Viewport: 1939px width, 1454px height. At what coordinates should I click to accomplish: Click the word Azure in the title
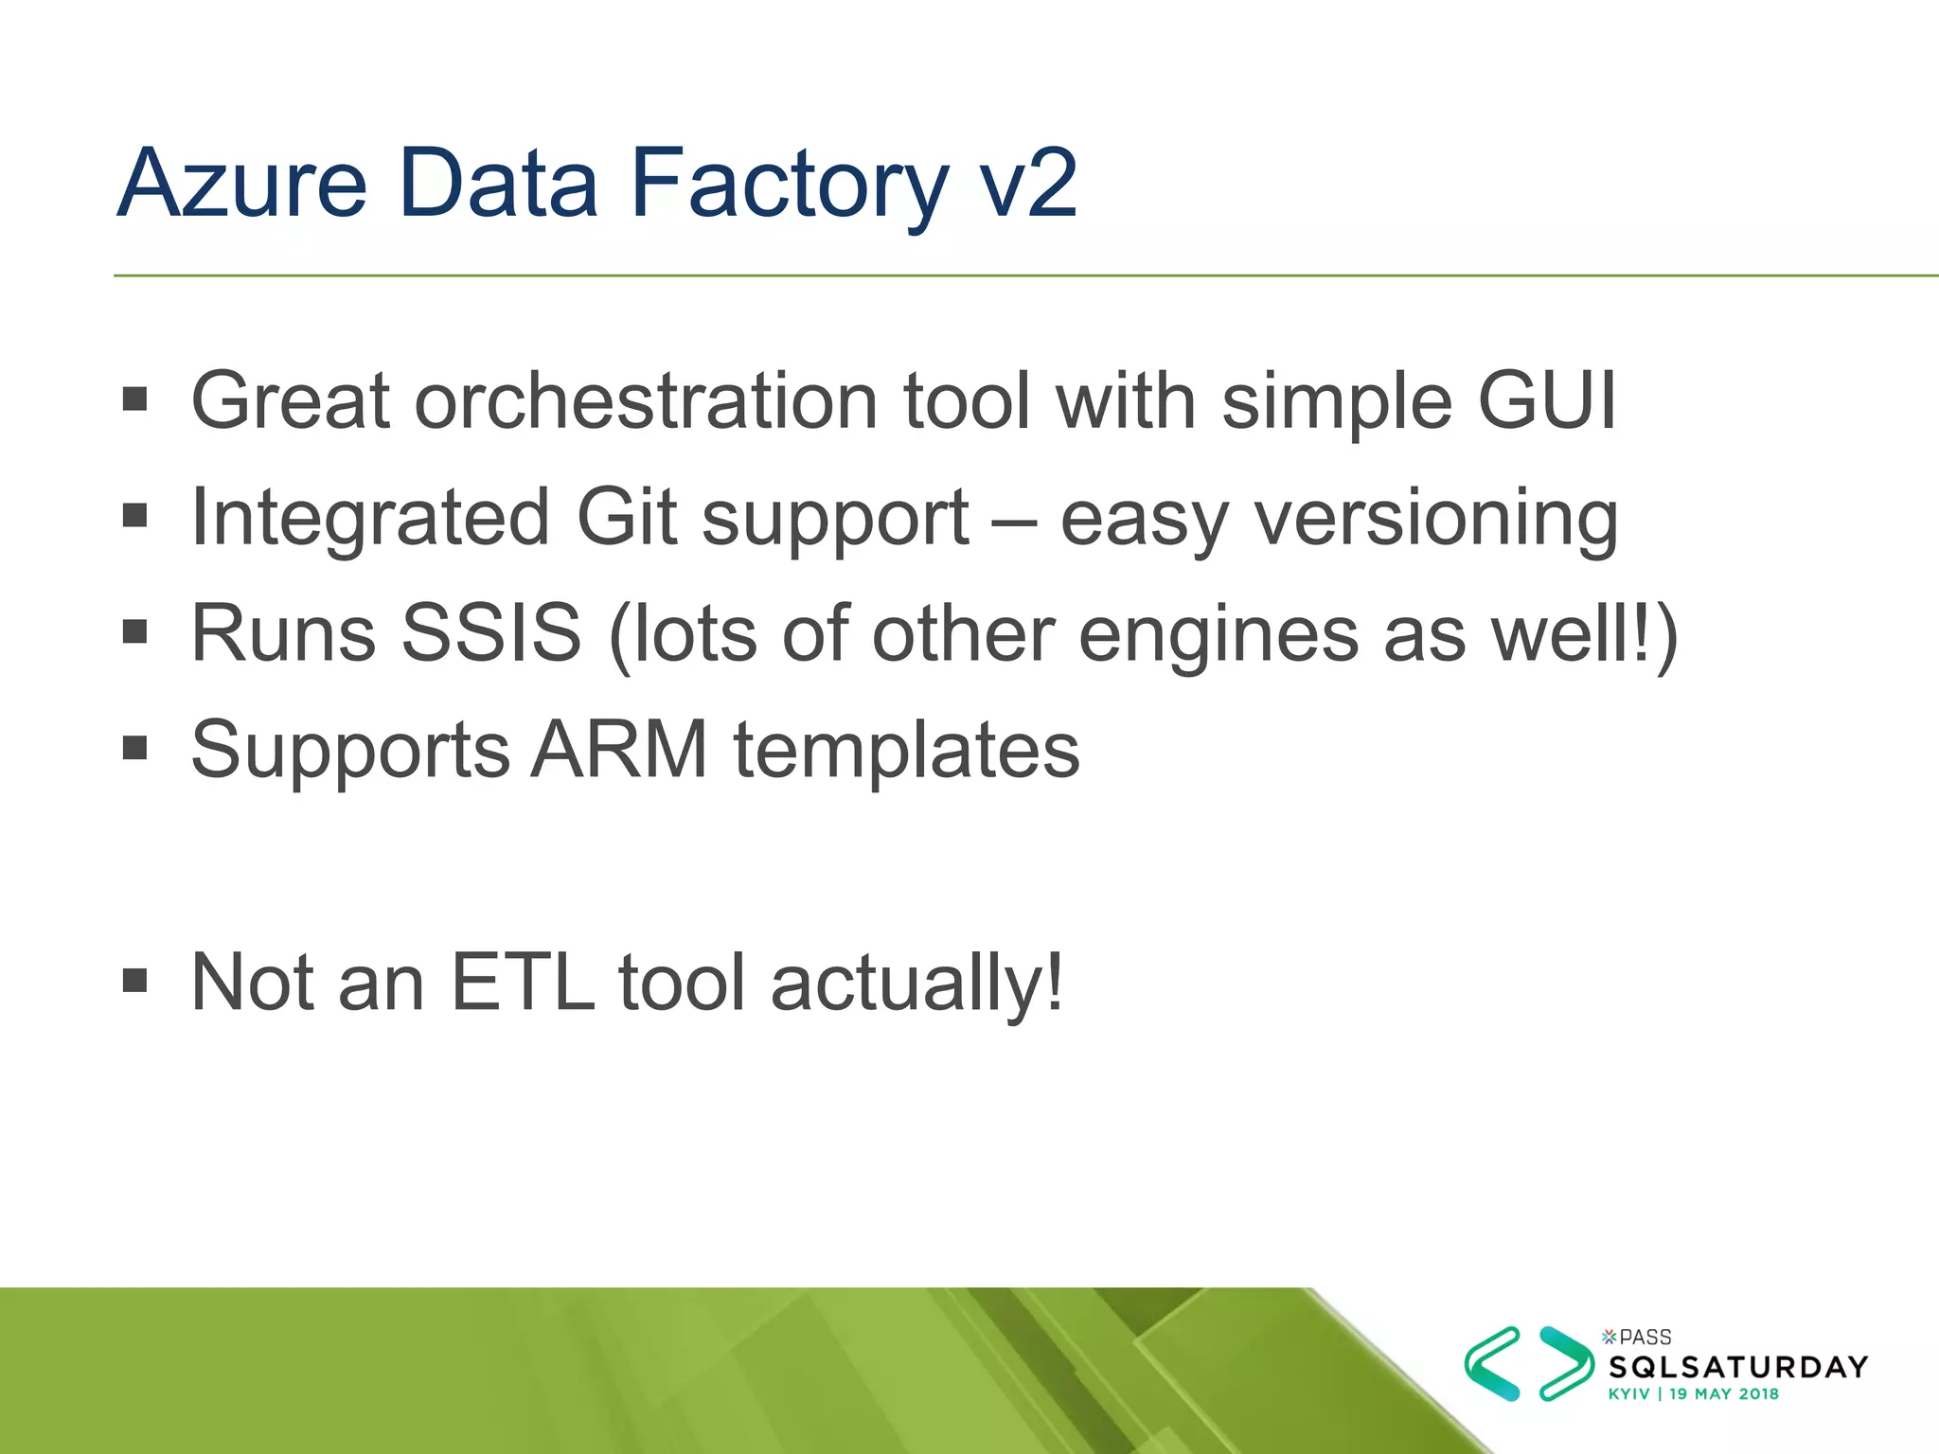point(242,185)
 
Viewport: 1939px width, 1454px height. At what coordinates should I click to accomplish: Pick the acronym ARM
point(619,750)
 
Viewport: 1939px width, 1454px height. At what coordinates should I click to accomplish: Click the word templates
point(906,750)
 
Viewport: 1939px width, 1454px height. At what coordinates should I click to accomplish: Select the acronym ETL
point(522,983)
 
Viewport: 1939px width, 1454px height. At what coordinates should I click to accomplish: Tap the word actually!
point(917,983)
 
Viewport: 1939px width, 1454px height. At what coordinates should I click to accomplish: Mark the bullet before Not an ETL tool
point(135,980)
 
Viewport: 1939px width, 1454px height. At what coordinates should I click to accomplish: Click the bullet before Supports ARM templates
point(135,748)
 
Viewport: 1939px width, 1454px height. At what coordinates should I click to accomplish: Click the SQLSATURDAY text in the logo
point(1738,1367)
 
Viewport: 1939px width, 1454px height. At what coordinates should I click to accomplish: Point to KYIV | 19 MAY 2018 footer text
point(1693,1394)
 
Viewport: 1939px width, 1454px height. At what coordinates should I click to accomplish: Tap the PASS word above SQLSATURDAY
point(1645,1338)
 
